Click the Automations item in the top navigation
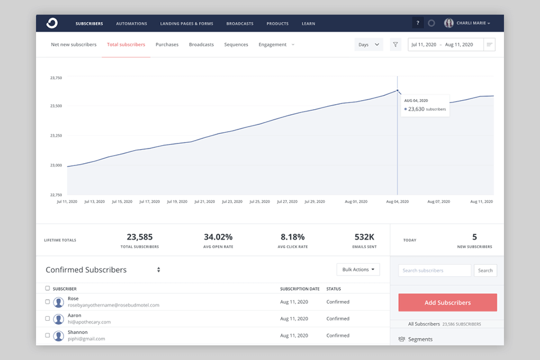[x=132, y=24]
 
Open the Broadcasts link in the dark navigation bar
[x=240, y=24]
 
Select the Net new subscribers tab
[x=74, y=44]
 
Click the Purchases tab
[x=167, y=44]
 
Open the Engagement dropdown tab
[x=276, y=44]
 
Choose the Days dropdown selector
[x=368, y=44]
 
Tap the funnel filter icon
[x=395, y=44]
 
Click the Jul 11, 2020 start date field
[x=424, y=44]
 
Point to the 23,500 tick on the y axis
[x=56, y=106]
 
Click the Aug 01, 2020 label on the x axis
[x=355, y=201]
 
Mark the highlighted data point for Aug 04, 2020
[x=398, y=91]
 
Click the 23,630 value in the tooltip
[x=416, y=109]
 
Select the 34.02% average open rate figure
[x=218, y=237]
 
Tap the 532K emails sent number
[x=365, y=237]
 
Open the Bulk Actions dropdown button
[x=358, y=269]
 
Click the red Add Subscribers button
[x=447, y=303]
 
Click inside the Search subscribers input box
[x=434, y=271]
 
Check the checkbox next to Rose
[x=48, y=302]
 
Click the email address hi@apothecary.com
[x=89, y=322]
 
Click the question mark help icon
[x=418, y=23]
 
